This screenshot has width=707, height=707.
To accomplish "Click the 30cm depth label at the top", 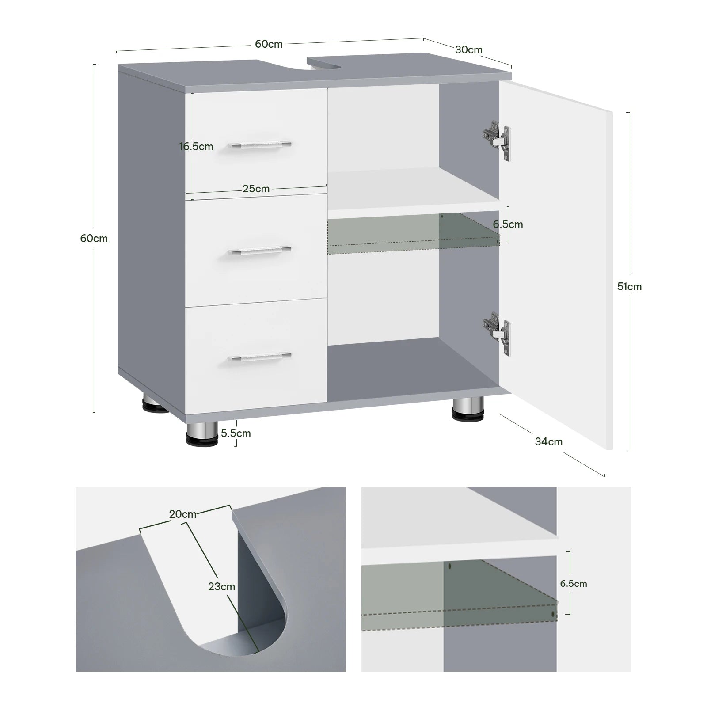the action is [468, 49].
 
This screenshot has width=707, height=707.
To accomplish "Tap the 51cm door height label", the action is [629, 286].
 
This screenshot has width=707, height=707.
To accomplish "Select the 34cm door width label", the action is [549, 441].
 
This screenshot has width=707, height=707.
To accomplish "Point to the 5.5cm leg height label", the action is [236, 433].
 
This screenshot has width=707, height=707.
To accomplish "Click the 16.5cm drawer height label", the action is [196, 146].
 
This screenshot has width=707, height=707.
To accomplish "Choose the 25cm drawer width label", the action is [256, 189].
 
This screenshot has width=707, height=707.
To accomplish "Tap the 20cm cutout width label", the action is [182, 514].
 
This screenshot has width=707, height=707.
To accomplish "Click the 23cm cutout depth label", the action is [221, 587].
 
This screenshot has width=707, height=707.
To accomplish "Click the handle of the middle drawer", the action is [260, 251].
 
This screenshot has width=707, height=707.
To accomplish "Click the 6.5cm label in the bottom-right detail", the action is [574, 583].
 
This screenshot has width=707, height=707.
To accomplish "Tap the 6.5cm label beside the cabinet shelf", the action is [508, 224].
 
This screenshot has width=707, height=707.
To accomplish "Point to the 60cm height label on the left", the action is [94, 238].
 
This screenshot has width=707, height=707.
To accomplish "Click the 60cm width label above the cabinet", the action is [269, 44].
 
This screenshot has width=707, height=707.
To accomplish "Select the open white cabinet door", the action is [556, 265].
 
